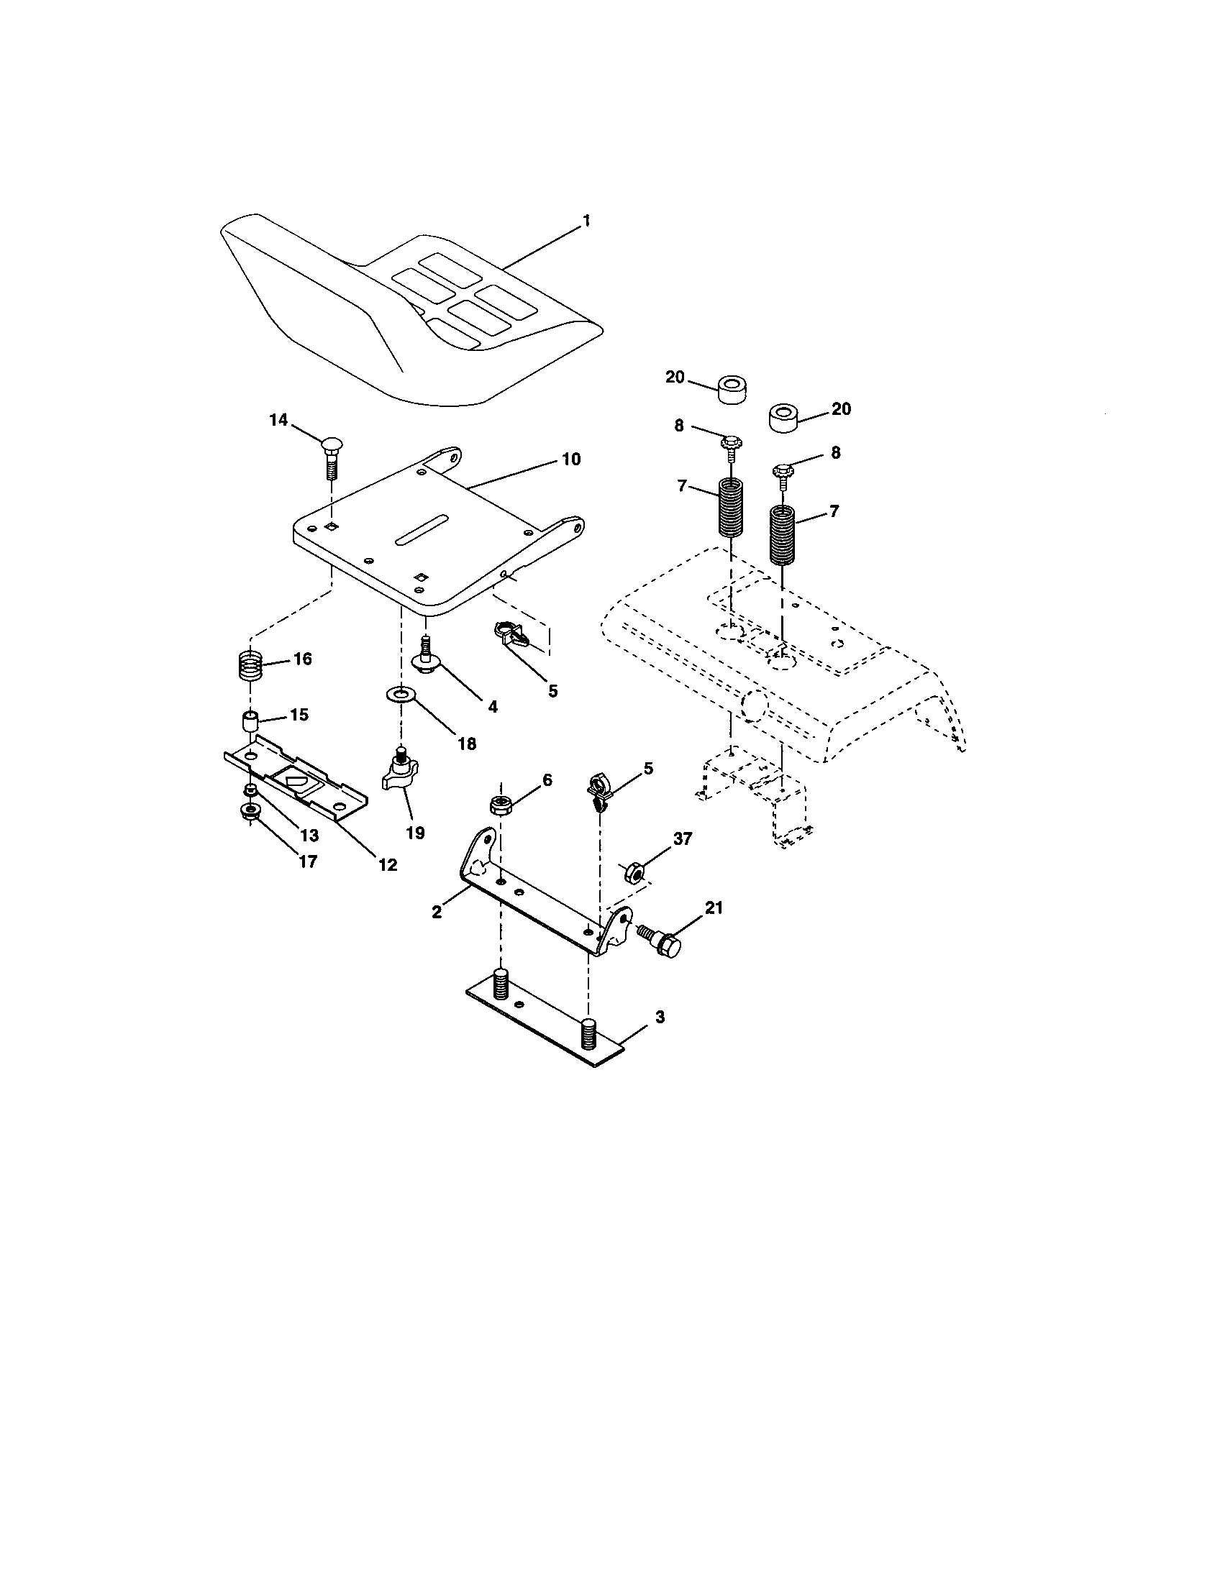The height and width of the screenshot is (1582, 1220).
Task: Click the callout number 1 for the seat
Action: point(586,221)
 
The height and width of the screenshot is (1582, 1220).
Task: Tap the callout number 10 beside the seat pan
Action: point(571,459)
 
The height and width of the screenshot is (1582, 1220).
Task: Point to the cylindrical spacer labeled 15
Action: point(250,721)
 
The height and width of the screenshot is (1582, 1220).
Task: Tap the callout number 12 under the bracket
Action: point(388,864)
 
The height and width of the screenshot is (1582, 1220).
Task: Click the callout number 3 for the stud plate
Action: point(659,1017)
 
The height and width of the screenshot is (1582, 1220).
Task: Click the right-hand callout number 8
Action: point(835,453)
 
